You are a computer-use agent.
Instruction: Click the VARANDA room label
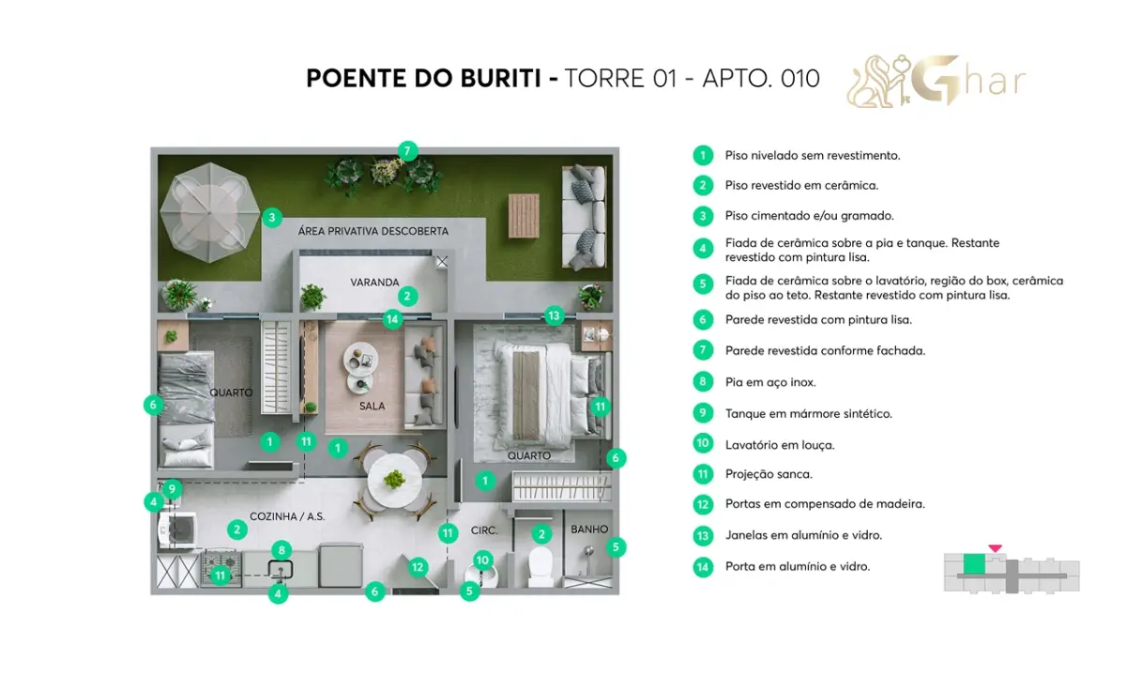tap(374, 283)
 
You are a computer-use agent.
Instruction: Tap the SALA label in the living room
tap(372, 406)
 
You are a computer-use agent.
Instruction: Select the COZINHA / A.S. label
tap(287, 516)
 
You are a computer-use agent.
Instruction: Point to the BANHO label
tap(589, 530)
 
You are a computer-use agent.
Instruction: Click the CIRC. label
tap(483, 530)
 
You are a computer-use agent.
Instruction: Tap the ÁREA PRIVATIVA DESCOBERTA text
tap(373, 231)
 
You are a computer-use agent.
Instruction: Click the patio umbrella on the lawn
tap(209, 212)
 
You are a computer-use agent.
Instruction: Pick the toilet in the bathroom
tap(540, 567)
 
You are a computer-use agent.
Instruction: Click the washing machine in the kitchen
tap(177, 530)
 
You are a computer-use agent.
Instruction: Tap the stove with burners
tap(221, 568)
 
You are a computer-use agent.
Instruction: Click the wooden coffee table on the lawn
tap(524, 216)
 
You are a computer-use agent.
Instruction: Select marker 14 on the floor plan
tap(392, 319)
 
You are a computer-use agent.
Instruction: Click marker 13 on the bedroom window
tap(554, 315)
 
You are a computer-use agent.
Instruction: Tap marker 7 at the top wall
tap(407, 151)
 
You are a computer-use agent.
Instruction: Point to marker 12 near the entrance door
tap(418, 567)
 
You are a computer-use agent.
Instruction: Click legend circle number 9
tap(703, 413)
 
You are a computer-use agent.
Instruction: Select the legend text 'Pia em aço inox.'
tap(770, 382)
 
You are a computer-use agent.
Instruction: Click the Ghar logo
tap(936, 82)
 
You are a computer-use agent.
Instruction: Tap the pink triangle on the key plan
tap(995, 548)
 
